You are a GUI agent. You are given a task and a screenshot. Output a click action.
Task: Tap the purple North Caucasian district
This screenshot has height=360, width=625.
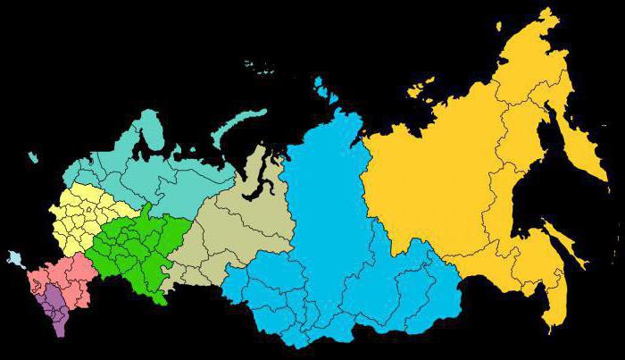point(56,308)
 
